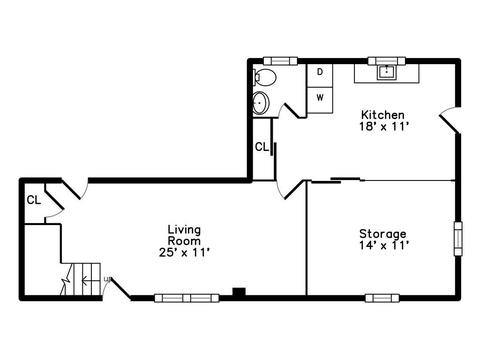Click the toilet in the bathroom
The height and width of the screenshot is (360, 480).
265,77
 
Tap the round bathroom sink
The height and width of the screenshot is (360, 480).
260,103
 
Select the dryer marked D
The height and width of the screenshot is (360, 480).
320,75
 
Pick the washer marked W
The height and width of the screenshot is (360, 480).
320,100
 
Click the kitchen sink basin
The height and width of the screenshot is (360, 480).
386,72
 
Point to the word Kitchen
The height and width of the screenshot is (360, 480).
383,115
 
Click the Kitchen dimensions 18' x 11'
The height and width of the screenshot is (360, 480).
384,126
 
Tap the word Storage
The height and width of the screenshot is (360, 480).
383,234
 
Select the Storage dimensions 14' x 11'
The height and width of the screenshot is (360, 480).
384,246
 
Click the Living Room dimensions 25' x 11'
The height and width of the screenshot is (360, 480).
184,252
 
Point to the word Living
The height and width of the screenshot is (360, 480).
184,229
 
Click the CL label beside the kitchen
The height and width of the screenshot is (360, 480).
262,147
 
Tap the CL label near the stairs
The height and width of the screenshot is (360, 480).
34,200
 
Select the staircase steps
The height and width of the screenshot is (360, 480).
80,279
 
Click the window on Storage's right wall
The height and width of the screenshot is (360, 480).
459,238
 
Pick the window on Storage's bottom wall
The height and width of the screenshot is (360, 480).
382,298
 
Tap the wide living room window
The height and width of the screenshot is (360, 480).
187,298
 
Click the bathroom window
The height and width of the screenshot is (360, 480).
280,61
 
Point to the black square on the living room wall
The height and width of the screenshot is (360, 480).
239,292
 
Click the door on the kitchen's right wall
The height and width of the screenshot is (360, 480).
451,121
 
